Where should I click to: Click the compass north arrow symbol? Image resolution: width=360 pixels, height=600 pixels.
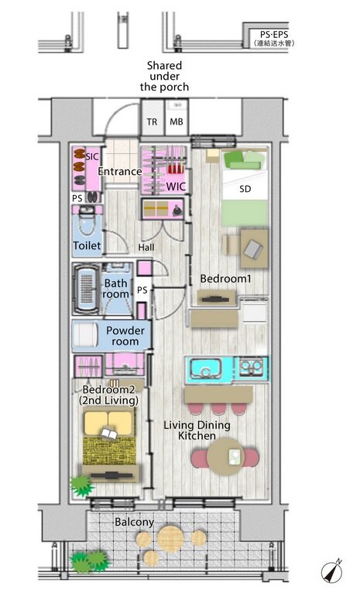pos(331,573)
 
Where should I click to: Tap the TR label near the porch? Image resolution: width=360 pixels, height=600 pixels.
pos(152,122)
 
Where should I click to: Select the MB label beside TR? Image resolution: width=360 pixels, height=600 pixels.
pos(177,122)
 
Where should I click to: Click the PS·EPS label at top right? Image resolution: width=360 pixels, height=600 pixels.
pos(274,34)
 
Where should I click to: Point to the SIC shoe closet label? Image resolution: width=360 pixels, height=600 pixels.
pos(92,156)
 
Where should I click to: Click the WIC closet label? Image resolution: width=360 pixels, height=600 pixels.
pos(176,187)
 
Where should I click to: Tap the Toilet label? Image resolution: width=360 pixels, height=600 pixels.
pos(87,245)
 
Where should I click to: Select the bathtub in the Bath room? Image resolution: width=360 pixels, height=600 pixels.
pos(87,289)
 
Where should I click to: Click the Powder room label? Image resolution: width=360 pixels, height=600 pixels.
pos(125,335)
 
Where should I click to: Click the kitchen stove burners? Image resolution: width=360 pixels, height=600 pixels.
pos(251,367)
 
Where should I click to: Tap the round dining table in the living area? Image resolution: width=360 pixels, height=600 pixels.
pos(226,457)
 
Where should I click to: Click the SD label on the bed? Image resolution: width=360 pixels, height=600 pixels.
pos(245,189)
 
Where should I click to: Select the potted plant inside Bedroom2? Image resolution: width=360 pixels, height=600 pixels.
pos(81,486)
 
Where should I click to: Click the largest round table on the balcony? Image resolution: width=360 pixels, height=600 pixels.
pos(170,539)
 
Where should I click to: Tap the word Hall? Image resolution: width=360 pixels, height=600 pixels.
pos(146,248)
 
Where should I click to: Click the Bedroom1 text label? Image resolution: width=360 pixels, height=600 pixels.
pos(226,279)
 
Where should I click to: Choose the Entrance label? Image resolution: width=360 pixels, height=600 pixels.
pos(120,171)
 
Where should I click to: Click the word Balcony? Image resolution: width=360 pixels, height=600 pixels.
pos(134,523)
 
